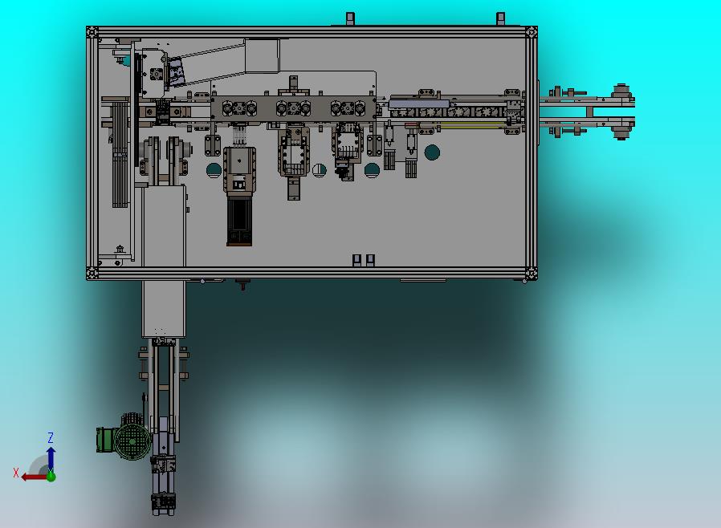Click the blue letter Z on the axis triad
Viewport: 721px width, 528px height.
point(51,437)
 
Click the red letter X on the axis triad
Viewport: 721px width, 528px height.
point(16,473)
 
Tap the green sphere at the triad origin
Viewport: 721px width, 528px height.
point(51,477)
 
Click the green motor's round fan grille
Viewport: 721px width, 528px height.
point(132,441)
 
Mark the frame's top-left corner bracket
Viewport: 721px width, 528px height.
point(92,32)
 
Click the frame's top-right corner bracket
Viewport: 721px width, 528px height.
point(532,32)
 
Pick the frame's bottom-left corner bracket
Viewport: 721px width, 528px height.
point(92,274)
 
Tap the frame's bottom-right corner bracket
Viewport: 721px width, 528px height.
point(532,274)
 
